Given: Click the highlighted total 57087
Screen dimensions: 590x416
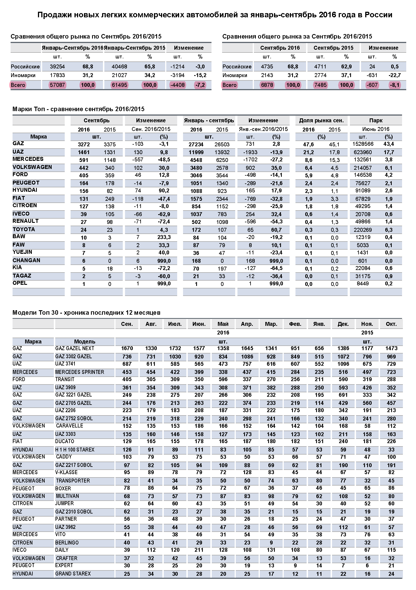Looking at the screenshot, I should tap(57, 85).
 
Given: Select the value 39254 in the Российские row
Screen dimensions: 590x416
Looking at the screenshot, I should tap(57, 67).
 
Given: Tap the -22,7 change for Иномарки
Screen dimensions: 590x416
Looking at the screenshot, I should tap(395, 75).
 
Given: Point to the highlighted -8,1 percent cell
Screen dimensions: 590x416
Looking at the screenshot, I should tap(395, 85).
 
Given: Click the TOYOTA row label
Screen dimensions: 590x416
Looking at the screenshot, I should tap(24, 230).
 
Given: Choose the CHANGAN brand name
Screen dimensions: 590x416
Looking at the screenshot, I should tap(26, 261).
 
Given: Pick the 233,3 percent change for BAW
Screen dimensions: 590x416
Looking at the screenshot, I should tap(164, 237).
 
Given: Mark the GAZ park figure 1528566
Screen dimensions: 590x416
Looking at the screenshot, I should tap(362, 144).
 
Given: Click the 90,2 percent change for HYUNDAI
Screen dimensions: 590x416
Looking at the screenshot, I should tap(164, 191).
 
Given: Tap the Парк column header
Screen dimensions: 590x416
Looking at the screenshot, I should tap(376, 121).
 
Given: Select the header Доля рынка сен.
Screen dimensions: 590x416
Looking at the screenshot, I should tap(321, 121).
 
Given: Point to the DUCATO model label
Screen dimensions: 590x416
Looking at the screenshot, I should tap(65, 441).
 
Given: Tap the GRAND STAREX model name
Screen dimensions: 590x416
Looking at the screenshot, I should tap(73, 574).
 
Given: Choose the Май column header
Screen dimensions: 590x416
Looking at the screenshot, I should tap(223, 324).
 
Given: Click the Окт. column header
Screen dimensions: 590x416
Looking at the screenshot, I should tap(391, 324).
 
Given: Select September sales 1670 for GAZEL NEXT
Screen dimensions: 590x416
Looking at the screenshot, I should tap(127, 348).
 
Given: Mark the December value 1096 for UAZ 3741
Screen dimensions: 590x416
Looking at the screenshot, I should tap(343, 364).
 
